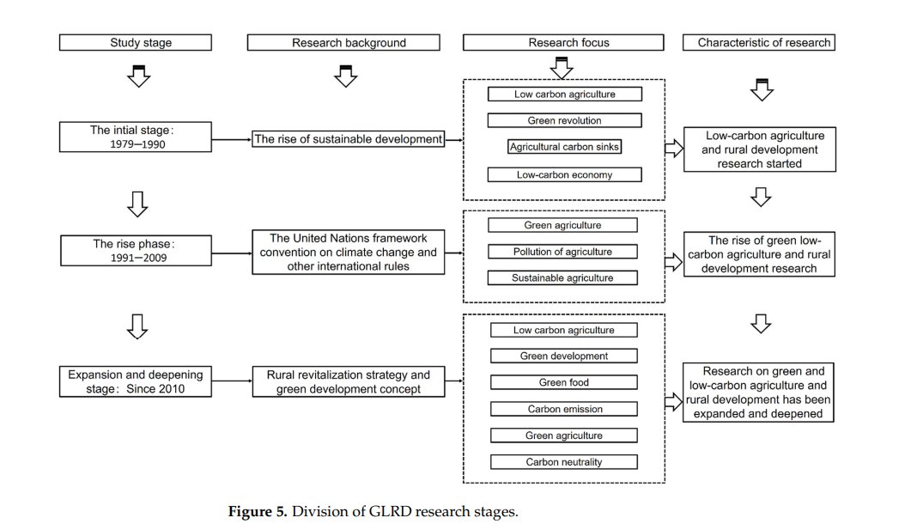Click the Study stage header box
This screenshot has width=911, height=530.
point(136,42)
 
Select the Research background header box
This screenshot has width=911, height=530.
point(349,42)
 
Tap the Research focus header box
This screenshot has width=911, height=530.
point(563,42)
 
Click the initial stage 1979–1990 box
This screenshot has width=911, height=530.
point(136,137)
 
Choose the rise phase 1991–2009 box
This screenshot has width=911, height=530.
point(136,250)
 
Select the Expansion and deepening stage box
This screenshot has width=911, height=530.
point(136,382)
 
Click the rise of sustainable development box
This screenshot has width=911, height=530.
point(349,139)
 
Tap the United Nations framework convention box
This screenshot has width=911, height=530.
point(349,252)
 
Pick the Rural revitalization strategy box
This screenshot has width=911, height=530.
point(349,382)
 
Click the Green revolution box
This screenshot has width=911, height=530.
point(564,121)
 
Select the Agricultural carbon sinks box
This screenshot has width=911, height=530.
point(564,148)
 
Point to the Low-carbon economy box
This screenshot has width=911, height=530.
point(564,175)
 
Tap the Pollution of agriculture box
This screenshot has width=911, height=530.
point(562,252)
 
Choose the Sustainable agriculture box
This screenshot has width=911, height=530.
point(562,278)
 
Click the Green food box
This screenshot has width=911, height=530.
point(563,383)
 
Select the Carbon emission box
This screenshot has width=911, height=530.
point(563,410)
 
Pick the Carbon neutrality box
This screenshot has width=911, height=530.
point(563,462)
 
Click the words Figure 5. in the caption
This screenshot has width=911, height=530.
point(257,512)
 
